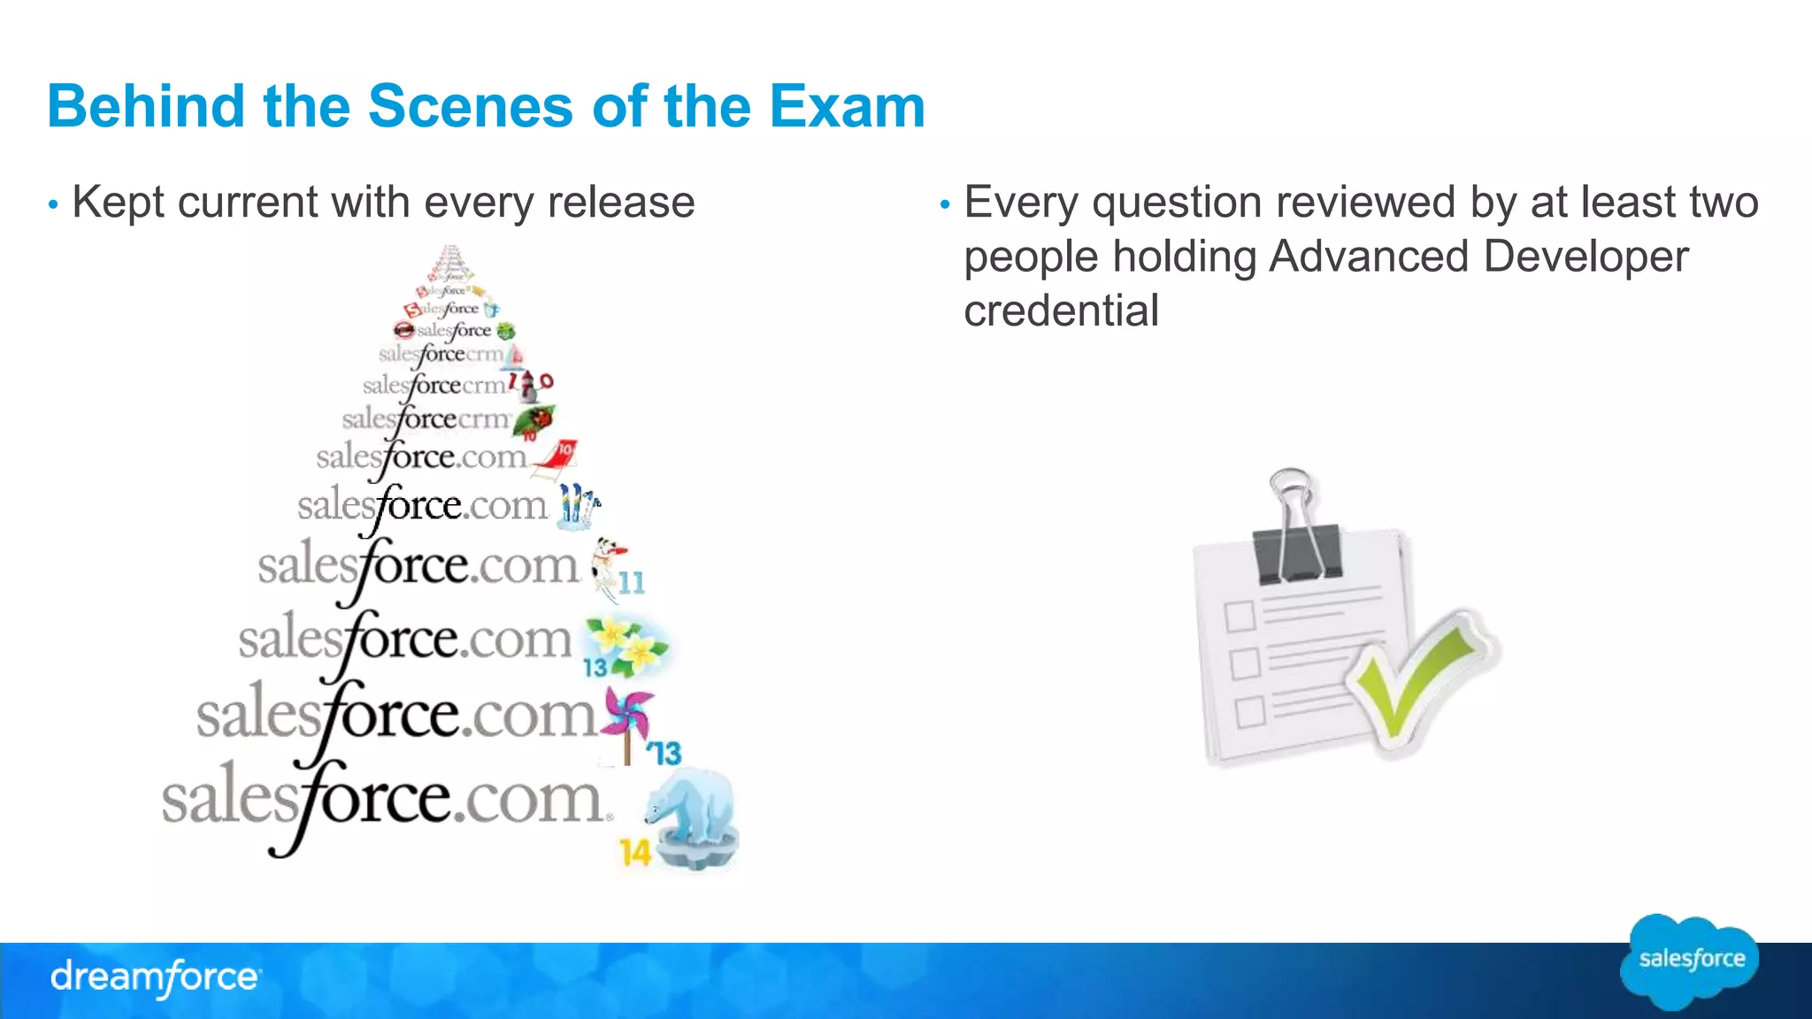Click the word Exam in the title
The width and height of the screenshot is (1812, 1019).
point(847,106)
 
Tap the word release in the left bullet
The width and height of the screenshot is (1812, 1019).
point(621,202)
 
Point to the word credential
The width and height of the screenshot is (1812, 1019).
point(1061,310)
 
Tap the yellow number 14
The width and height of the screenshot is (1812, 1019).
point(634,853)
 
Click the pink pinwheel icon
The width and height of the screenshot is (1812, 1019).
point(627,713)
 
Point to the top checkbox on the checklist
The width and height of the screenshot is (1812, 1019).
point(1240,616)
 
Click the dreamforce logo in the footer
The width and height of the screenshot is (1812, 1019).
point(156,977)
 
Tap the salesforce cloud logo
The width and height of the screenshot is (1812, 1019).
point(1690,961)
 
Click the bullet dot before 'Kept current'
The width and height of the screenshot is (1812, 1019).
point(53,205)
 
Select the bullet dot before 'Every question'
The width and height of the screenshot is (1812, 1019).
point(945,205)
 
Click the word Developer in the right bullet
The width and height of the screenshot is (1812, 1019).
point(1585,257)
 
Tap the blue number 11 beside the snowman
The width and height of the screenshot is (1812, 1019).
point(632,583)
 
